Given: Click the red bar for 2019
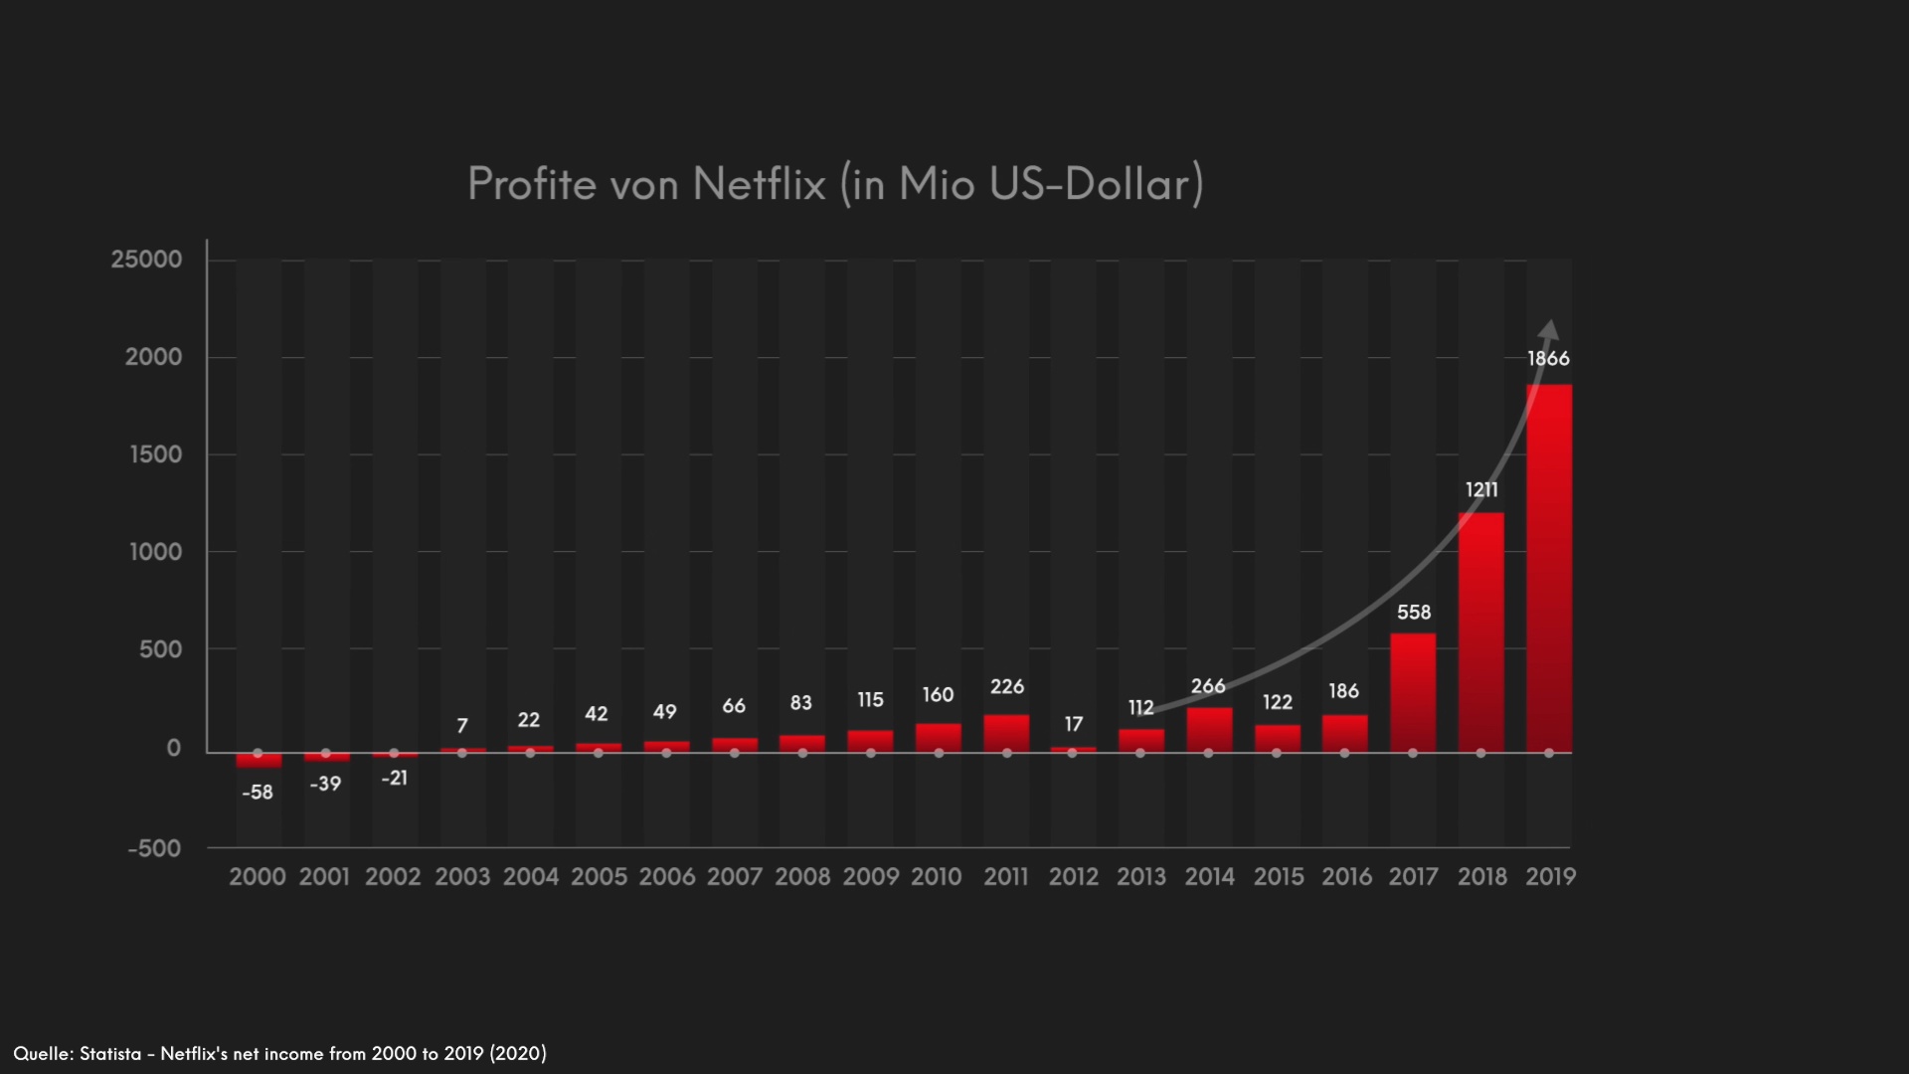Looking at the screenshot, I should (1548, 567).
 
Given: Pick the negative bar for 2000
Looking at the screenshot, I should (259, 761).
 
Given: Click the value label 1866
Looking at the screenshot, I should (1548, 359).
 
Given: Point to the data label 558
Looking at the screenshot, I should (1413, 613).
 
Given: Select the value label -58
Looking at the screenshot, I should (258, 793).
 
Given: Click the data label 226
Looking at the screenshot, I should (1006, 686).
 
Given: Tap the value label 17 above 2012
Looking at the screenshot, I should (1073, 724).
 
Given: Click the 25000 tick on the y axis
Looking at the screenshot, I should (147, 260).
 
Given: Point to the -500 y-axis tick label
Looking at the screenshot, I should (155, 848).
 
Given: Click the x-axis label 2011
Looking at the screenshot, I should (1006, 877).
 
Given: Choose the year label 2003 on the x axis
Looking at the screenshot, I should (462, 877).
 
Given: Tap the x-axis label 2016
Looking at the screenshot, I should (1346, 877).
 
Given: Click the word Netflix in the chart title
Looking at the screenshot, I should (759, 184).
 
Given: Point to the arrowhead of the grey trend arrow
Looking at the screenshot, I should (1549, 329).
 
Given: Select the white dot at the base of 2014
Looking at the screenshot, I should (1209, 753).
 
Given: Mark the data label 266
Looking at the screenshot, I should (1208, 686).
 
